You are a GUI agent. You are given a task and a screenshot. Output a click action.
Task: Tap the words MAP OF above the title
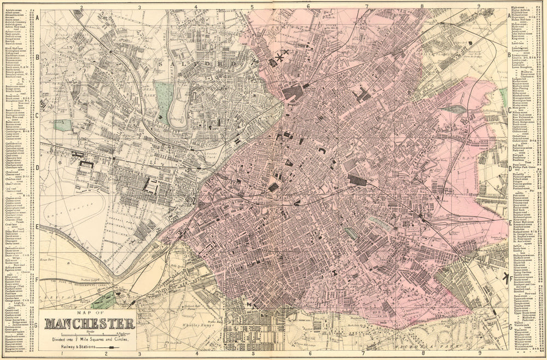tap(88, 312)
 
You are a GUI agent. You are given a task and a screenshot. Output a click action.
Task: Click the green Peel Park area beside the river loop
tap(162, 96)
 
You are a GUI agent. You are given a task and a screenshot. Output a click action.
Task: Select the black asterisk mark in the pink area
tap(280, 56)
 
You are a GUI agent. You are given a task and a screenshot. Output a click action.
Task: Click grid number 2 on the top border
tap(80, 8)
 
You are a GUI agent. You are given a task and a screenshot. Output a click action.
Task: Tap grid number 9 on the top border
tap(479, 7)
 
